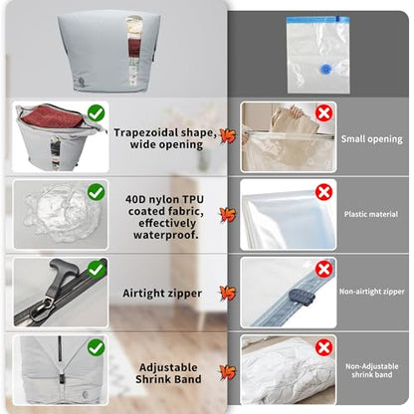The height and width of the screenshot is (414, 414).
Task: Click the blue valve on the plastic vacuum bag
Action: point(324,69)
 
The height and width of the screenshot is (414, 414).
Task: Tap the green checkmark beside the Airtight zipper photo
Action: point(97,269)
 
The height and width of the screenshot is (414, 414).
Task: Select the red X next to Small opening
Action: point(323,113)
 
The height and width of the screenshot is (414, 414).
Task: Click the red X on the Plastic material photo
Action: point(323,192)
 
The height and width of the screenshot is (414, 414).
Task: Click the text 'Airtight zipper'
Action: point(162,294)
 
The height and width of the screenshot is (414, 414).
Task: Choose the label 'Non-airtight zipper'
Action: point(371,292)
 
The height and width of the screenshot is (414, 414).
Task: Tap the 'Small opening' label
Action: point(372,139)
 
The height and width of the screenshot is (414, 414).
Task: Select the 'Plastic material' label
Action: point(371,214)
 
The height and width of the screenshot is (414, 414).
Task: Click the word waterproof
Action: point(165,235)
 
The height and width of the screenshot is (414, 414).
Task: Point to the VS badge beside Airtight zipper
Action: point(228,293)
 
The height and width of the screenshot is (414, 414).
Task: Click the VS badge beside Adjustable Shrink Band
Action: point(228,372)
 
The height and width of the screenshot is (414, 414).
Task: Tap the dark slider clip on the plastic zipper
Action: point(302,297)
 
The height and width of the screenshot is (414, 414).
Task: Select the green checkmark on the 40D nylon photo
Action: point(97,192)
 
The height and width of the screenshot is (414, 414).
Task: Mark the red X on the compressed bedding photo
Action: point(323,347)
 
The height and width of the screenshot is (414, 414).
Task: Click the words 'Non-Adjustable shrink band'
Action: point(372,370)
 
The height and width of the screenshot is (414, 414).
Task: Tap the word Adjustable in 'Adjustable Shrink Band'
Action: point(168,367)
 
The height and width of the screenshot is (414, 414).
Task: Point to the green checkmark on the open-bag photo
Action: point(97,113)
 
